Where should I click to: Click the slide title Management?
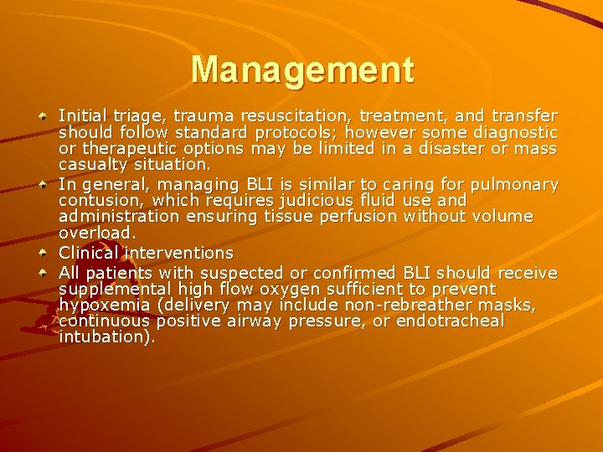[x=301, y=69]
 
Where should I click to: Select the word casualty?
[x=91, y=165]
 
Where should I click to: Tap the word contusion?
[x=94, y=201]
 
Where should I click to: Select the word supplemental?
[x=109, y=289]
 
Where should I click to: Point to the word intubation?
[x=106, y=337]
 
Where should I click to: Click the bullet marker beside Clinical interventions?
[x=42, y=252]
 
